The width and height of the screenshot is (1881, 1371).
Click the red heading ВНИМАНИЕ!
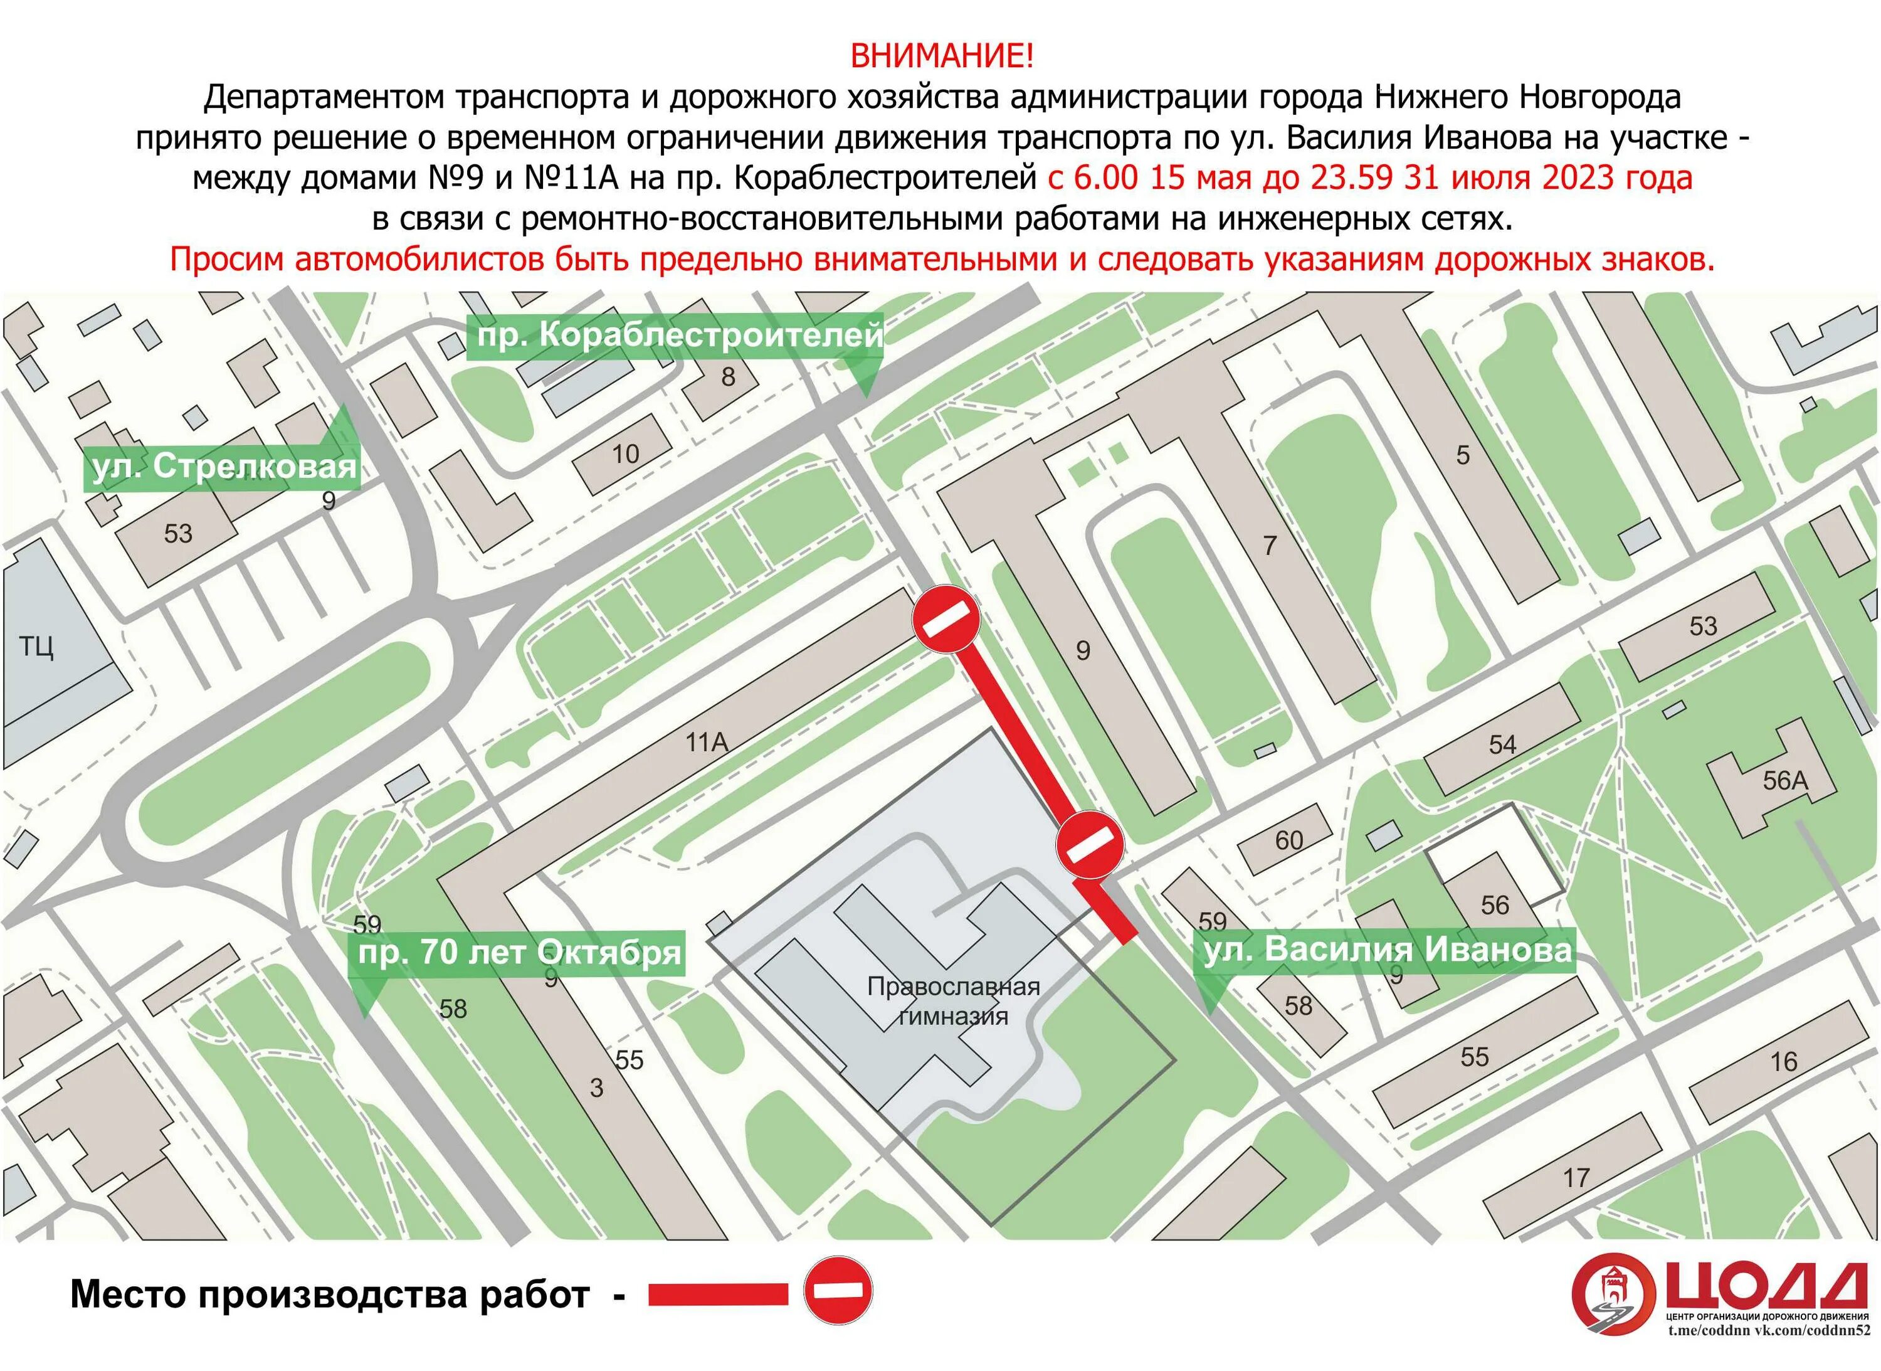coord(942,56)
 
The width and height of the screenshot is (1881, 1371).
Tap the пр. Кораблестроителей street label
coord(678,336)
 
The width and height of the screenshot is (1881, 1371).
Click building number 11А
coord(707,741)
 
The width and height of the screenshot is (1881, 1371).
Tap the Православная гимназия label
coord(954,1001)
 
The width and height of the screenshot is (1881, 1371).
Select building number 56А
coord(1784,781)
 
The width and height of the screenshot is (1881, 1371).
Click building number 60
coord(1288,840)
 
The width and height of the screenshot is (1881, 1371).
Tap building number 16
coord(1783,1061)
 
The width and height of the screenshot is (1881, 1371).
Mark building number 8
coord(728,378)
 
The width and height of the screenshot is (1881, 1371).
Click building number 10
coord(626,454)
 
